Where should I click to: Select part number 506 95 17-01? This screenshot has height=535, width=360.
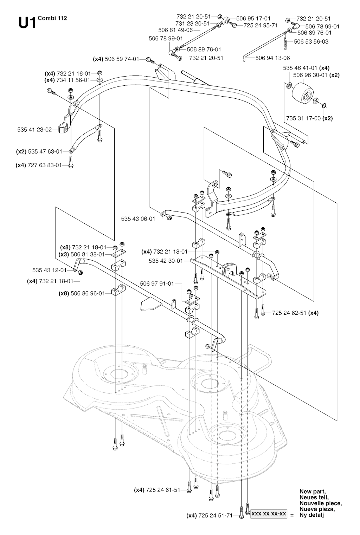253,18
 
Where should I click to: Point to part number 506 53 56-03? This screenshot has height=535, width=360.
311,41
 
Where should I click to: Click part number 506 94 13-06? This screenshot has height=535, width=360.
272,58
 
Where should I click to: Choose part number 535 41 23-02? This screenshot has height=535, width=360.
34,130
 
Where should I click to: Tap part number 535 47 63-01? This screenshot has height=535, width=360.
45,151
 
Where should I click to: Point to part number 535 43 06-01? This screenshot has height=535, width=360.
138,218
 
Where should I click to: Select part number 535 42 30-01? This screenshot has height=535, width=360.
166,261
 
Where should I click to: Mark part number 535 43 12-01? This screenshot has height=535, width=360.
49,270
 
